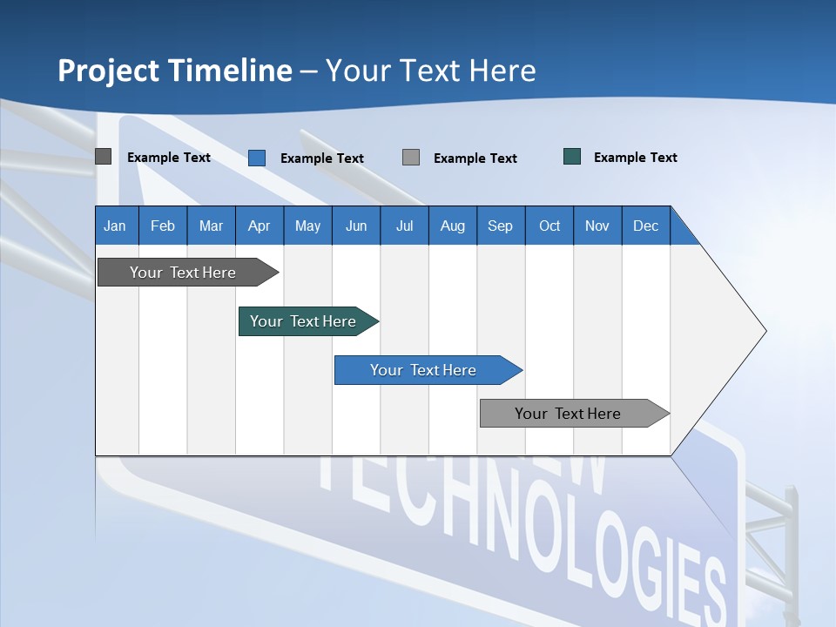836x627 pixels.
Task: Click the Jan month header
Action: pos(116,226)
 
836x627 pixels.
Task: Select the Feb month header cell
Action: pos(163,226)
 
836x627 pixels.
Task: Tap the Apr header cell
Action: pos(260,226)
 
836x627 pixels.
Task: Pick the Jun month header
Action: pos(356,226)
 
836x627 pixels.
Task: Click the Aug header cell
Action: pos(453,226)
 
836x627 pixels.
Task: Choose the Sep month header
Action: pos(501,226)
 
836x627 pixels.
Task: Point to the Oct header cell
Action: pos(549,226)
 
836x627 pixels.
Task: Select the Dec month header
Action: pos(646,226)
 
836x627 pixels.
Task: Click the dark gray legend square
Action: pos(104,157)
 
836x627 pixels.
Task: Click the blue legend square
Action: pos(257,158)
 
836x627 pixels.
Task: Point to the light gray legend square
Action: pos(411,158)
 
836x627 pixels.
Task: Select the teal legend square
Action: pos(572,157)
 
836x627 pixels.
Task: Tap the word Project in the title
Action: pos(107,71)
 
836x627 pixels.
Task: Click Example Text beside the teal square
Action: pos(635,158)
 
